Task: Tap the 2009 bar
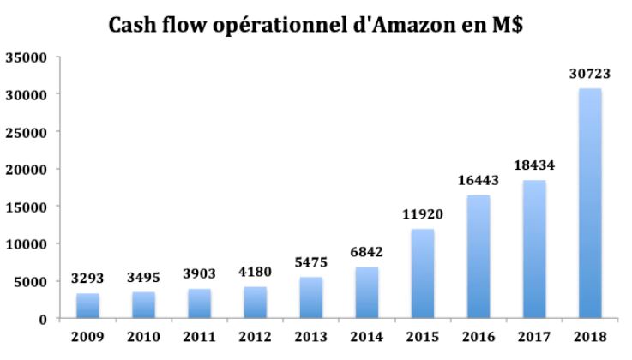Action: click(x=88, y=306)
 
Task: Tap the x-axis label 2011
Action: click(x=199, y=336)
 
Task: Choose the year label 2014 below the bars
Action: click(x=365, y=336)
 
